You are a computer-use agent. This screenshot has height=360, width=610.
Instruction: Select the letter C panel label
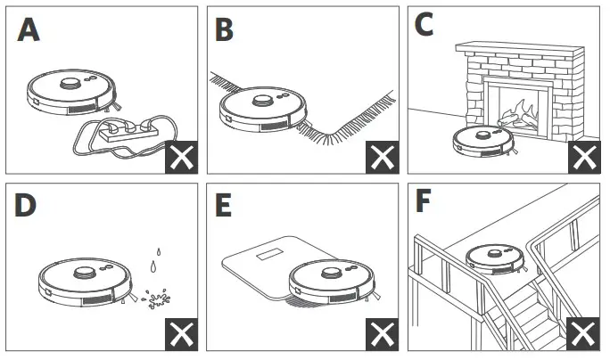click(x=425, y=24)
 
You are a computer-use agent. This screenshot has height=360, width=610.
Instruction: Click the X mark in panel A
click(x=182, y=157)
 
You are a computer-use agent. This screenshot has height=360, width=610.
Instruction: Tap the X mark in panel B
click(x=382, y=157)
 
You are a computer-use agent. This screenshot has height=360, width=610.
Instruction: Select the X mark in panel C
click(x=583, y=157)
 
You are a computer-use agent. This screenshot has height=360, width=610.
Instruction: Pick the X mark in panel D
click(x=182, y=334)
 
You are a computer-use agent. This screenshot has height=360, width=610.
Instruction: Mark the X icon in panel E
click(x=382, y=334)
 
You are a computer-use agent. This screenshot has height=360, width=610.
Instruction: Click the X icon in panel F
click(x=583, y=334)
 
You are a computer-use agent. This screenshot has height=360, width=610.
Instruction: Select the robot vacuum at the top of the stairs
click(x=497, y=257)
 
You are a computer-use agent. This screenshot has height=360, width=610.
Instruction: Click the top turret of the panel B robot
click(x=263, y=100)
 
